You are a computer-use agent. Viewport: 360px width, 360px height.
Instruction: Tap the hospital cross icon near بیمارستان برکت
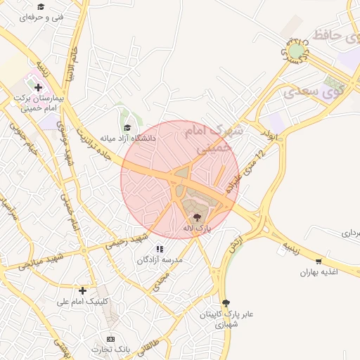[38, 87]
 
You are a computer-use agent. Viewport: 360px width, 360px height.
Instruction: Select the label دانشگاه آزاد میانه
[127, 139]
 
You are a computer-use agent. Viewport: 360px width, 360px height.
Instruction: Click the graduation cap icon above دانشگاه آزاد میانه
[127, 127]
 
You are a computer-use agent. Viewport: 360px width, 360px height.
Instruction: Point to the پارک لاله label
[197, 229]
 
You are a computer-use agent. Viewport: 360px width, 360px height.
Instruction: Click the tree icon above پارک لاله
[196, 217]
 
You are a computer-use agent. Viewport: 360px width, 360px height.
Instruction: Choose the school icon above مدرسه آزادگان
[160, 248]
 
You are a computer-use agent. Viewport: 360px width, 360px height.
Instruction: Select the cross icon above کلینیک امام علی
[83, 290]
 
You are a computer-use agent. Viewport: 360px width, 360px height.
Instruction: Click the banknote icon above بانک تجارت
[110, 339]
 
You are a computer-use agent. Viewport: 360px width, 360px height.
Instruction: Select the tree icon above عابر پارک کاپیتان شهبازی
[225, 302]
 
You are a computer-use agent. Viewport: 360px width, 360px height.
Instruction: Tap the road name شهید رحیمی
[127, 240]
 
